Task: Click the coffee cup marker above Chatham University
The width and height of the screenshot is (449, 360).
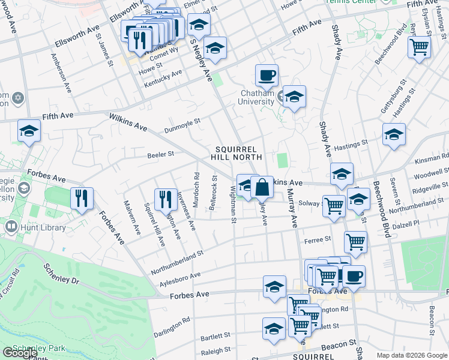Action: click(x=267, y=76)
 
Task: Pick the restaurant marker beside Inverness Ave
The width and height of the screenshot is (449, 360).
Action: click(x=165, y=200)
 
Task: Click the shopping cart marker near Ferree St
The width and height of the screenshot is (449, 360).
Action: click(x=355, y=242)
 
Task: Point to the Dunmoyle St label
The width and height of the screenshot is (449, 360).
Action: click(x=182, y=124)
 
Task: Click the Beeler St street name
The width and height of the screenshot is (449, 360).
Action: click(x=160, y=154)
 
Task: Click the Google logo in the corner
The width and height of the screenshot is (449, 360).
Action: click(x=20, y=353)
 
